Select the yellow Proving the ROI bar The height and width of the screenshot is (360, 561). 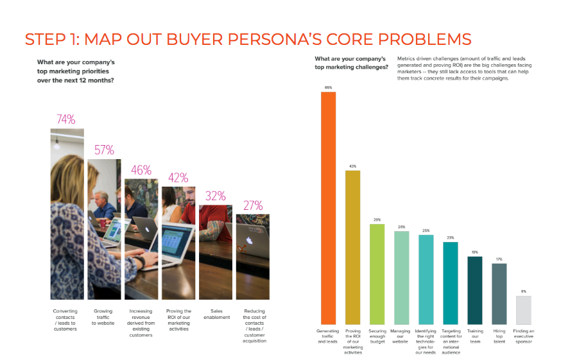tap(352, 246)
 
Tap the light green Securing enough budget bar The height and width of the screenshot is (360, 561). tap(377, 273)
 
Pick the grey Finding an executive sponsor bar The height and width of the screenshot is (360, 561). tap(523, 309)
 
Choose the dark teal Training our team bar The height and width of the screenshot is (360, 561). tap(475, 290)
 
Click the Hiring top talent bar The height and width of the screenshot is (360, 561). tap(499, 293)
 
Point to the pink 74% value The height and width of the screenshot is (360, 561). tap(66, 119)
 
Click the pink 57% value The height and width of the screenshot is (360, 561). tap(104, 150)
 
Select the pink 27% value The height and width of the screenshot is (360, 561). tap(252, 205)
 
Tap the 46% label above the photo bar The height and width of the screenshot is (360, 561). tap(141, 170)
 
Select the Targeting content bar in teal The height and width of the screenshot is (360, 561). tap(451, 282)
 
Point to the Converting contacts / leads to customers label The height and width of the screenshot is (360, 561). tap(66, 320)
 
